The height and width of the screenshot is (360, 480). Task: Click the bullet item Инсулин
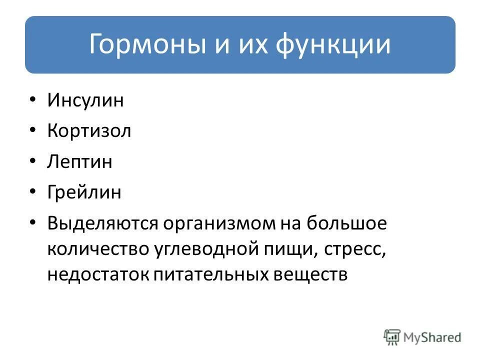tap(85, 100)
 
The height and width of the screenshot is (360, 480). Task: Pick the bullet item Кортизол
tap(89, 131)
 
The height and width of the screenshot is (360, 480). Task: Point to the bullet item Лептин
tap(80, 162)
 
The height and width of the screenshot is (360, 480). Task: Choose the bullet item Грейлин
tap(84, 192)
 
